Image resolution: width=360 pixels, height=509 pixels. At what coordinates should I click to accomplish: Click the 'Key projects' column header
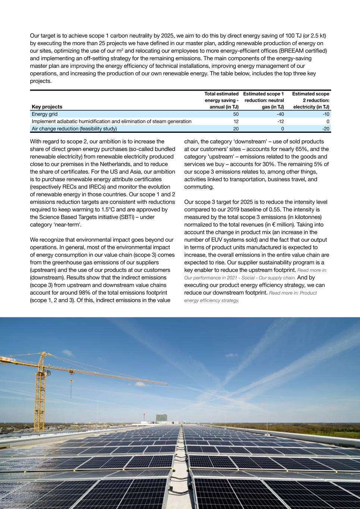point(47,107)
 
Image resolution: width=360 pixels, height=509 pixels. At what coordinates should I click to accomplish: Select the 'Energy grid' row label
point(45,114)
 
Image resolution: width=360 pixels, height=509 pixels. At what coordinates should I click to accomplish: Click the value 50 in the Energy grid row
point(236,114)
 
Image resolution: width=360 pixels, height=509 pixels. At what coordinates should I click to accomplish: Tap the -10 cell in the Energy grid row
point(326,114)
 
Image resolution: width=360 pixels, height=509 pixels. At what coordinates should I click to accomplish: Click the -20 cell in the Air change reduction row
point(326,129)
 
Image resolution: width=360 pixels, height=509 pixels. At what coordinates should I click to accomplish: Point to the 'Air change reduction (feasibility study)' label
point(74,129)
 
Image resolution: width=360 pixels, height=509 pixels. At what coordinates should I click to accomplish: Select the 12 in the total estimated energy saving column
point(236,121)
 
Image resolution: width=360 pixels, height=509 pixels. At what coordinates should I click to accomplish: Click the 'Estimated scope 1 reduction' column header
point(263,100)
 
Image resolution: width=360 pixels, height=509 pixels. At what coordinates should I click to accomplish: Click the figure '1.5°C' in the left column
point(108,209)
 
